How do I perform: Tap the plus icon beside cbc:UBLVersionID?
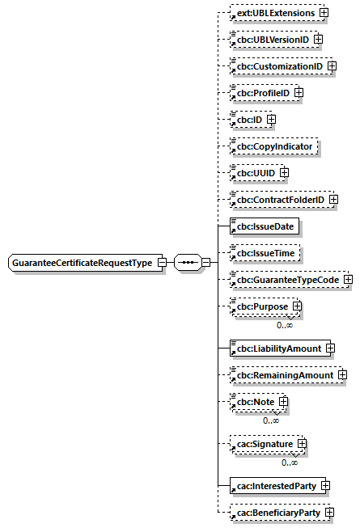(318, 39)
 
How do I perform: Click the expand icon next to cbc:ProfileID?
(299, 92)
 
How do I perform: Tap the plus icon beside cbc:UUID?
(284, 173)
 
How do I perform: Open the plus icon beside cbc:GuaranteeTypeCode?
(348, 280)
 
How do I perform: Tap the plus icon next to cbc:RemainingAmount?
(342, 375)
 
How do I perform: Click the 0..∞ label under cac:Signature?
(290, 462)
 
